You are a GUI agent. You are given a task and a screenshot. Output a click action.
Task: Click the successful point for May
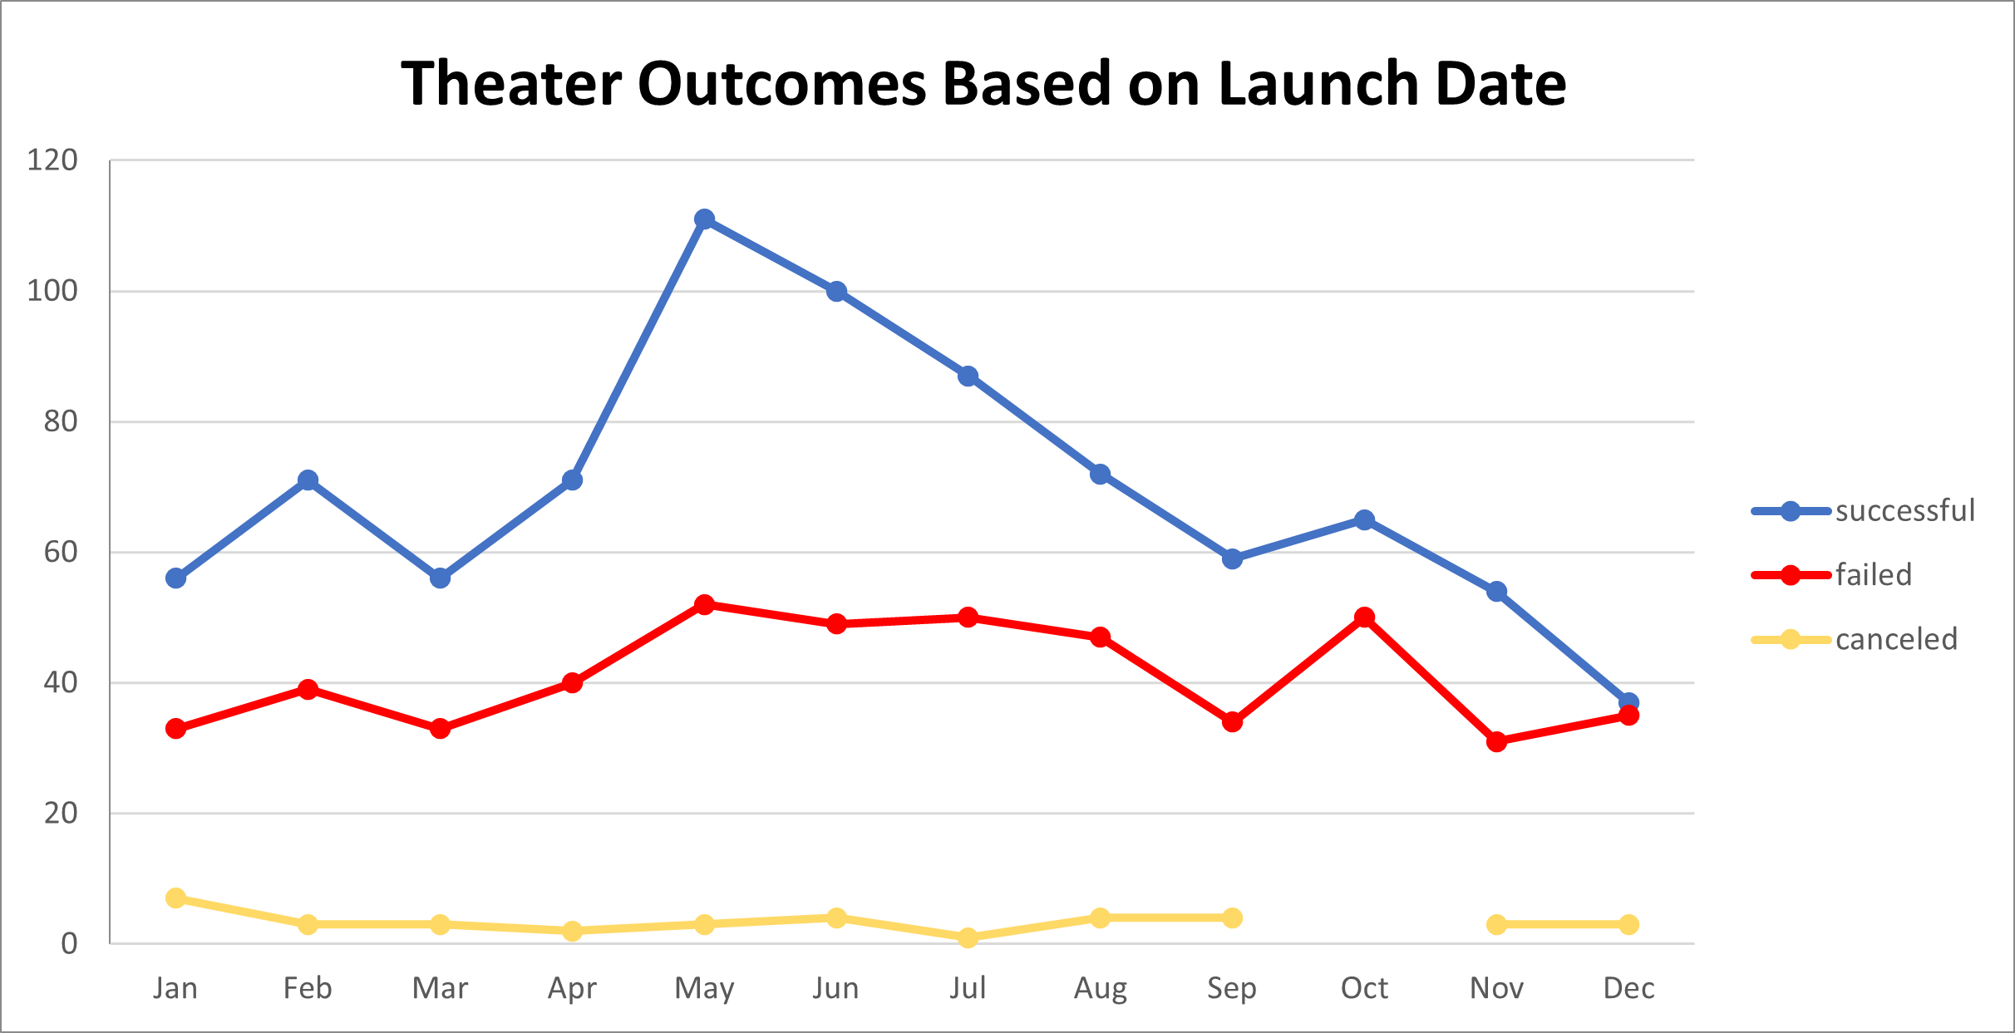tap(704, 219)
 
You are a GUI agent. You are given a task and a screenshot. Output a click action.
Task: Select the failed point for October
tap(1364, 617)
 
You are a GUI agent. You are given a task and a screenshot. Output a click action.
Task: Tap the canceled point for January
tap(175, 898)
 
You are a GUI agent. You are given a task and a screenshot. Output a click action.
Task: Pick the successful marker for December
tap(1628, 702)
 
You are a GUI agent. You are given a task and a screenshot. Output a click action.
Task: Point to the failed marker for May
tap(704, 604)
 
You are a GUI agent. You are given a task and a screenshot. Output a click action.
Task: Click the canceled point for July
tap(968, 937)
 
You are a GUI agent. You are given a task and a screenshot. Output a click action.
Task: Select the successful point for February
tap(308, 480)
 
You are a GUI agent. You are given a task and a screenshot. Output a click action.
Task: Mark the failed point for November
tap(1496, 741)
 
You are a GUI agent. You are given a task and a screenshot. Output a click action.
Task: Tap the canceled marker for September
tap(1232, 917)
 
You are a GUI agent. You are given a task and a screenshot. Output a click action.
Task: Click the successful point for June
tap(836, 291)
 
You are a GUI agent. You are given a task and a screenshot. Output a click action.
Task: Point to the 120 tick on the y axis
tap(52, 160)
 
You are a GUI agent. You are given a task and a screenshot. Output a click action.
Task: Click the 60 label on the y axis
tap(61, 552)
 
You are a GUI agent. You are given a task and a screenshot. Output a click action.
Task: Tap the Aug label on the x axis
tap(1100, 988)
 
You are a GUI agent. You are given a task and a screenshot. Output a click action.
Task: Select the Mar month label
tap(440, 988)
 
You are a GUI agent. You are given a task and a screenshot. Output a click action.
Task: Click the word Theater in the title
tap(511, 84)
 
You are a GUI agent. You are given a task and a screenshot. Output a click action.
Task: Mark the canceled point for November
tap(1496, 924)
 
